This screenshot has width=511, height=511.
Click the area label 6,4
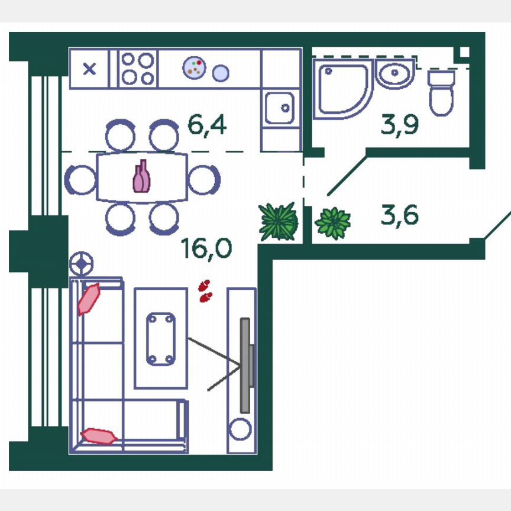[x=207, y=125]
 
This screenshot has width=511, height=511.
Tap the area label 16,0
[x=206, y=249]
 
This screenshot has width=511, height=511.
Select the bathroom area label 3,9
[x=400, y=125]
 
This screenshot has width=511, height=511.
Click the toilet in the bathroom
[x=441, y=93]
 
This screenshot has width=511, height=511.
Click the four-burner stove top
[x=138, y=69]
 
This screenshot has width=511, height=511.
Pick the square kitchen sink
[x=280, y=108]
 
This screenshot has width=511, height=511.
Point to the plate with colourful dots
[x=194, y=67]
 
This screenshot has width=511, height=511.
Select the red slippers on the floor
[x=205, y=292]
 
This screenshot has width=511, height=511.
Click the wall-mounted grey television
[x=245, y=365]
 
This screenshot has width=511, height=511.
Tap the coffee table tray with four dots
[x=161, y=338]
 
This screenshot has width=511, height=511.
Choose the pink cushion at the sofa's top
[x=89, y=299]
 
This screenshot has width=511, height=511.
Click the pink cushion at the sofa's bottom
[x=99, y=436]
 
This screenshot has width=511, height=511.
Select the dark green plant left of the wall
[x=278, y=222]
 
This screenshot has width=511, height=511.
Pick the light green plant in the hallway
[x=333, y=223]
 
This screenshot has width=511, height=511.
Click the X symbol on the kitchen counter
[x=89, y=69]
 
